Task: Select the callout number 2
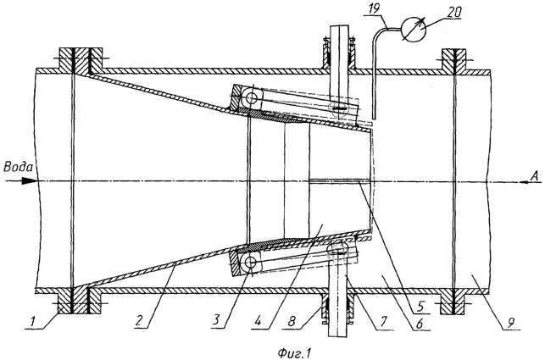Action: click(x=139, y=320)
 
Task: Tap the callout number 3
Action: click(x=216, y=320)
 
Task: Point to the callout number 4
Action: click(x=258, y=320)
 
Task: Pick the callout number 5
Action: click(x=420, y=307)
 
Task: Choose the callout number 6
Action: click(x=420, y=324)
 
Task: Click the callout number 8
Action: click(x=292, y=320)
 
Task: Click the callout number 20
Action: click(x=454, y=12)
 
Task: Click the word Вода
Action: click(x=18, y=167)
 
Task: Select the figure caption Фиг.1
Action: click(x=294, y=353)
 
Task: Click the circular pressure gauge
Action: click(x=414, y=30)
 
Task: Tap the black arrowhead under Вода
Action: click(x=29, y=180)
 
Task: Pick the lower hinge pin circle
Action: click(x=250, y=263)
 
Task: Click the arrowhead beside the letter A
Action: click(x=526, y=182)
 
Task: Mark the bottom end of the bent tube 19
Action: click(x=374, y=117)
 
